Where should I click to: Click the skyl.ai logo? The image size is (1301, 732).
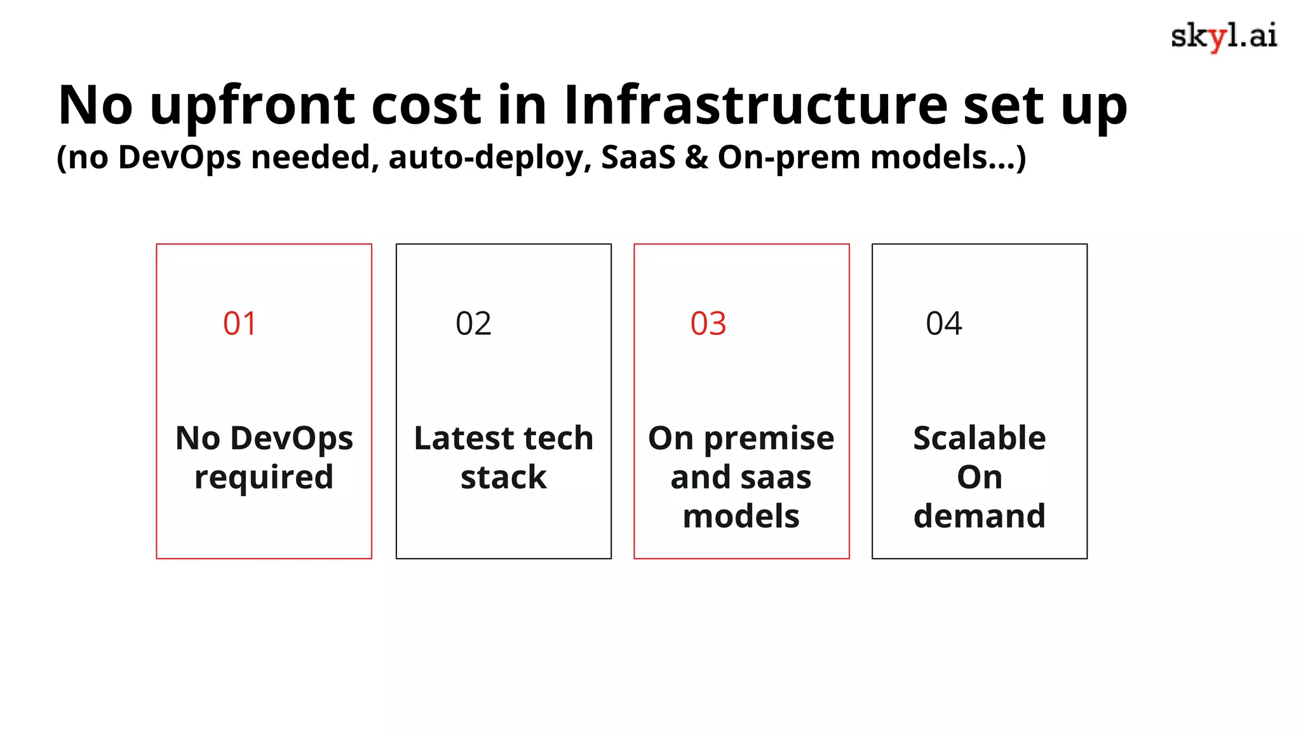pyautogui.click(x=1223, y=36)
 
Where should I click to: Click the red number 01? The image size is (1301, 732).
pyautogui.click(x=239, y=323)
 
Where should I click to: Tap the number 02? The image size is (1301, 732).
pyautogui.click(x=473, y=323)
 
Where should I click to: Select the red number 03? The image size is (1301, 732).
pyautogui.click(x=708, y=323)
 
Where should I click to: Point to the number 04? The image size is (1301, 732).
pyautogui.click(x=944, y=323)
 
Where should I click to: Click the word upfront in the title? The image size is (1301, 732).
pyautogui.click(x=252, y=107)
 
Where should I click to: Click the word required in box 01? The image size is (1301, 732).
pyautogui.click(x=264, y=478)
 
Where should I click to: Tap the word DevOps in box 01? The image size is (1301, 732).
pyautogui.click(x=292, y=438)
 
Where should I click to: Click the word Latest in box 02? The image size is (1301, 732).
pyautogui.click(x=464, y=438)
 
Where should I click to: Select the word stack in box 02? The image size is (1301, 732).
pyautogui.click(x=503, y=477)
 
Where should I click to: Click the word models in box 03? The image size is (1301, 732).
pyautogui.click(x=741, y=516)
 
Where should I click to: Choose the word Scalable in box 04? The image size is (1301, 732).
pyautogui.click(x=979, y=438)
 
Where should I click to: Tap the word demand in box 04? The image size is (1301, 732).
pyautogui.click(x=979, y=516)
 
